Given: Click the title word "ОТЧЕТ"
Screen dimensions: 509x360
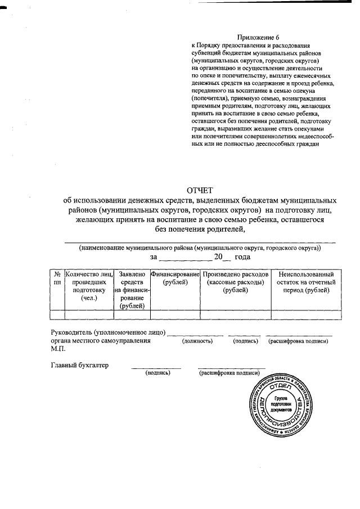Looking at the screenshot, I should coord(200,190).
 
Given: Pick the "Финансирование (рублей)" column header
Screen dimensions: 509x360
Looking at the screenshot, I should coord(175,277).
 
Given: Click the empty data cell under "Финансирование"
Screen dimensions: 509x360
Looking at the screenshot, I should coord(175,314).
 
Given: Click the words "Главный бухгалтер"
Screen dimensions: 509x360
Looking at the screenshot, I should coord(79,365).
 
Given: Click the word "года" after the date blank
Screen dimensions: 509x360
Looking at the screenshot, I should coord(242,257).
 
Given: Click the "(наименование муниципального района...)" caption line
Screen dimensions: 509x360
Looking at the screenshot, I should coord(200,247).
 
